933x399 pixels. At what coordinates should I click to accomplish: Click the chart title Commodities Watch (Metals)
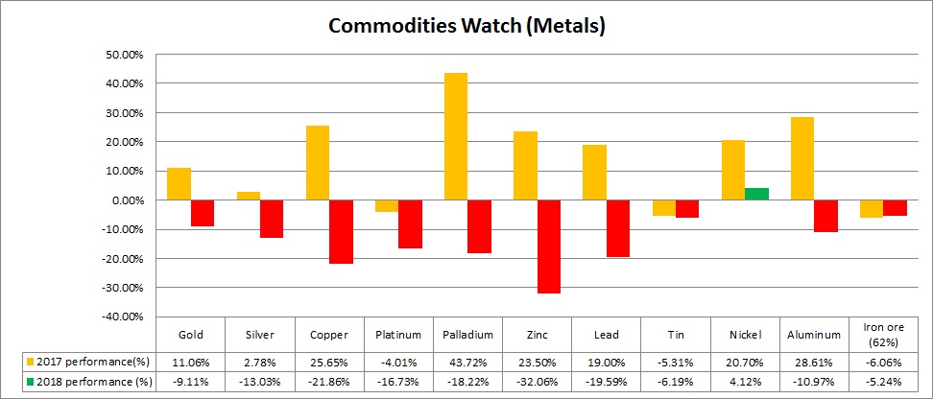pos(466,26)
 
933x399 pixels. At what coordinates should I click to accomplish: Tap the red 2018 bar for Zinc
pos(548,246)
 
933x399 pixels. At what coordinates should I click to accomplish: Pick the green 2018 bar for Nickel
pos(756,194)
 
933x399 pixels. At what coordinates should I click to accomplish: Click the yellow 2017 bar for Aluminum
pos(802,158)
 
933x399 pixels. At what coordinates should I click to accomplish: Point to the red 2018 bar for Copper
pos(341,231)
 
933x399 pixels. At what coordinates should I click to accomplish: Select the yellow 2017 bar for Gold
pos(179,184)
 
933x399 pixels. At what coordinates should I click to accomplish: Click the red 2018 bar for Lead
pos(617,228)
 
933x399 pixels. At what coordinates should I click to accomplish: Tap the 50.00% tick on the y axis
pos(120,55)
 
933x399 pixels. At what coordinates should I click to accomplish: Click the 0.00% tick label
pos(124,200)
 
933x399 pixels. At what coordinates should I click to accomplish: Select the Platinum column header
pos(398,335)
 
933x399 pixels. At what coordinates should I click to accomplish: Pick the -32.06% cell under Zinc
pos(537,382)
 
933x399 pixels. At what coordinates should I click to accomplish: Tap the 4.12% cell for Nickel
pos(745,382)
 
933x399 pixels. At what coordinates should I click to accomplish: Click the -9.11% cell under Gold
pos(190,382)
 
